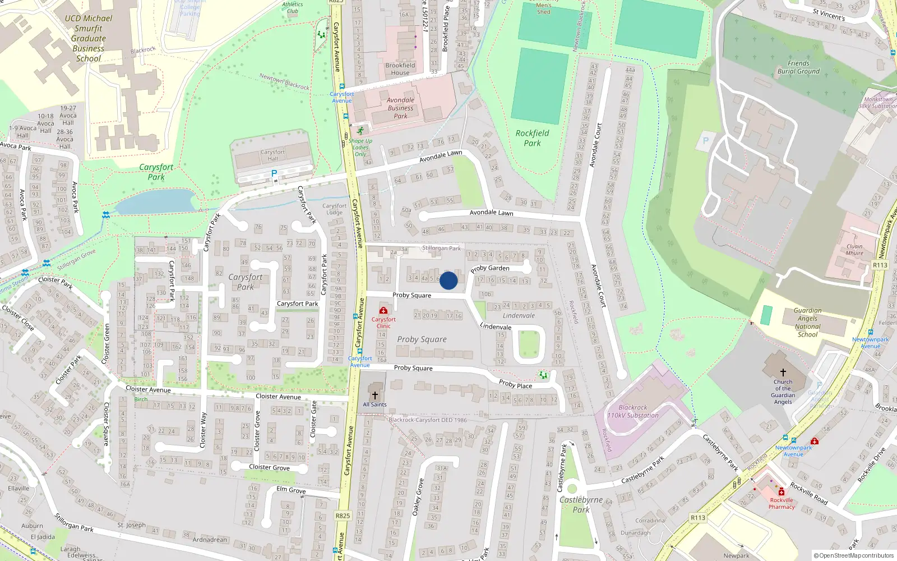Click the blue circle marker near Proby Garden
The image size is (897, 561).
449,280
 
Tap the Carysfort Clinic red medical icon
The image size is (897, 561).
383,310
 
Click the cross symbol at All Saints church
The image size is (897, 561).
375,395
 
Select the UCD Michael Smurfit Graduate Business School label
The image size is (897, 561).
89,38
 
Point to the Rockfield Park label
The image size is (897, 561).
532,138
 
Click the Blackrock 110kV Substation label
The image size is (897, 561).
633,412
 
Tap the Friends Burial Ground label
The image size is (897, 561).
798,67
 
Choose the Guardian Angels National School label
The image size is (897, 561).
807,322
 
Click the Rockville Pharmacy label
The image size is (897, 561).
782,503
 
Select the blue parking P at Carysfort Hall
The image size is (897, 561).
274,174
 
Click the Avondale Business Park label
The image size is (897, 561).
400,108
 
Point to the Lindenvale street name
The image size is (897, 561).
496,327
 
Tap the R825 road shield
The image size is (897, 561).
343,516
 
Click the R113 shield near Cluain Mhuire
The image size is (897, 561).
880,265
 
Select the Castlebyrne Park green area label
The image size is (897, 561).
581,504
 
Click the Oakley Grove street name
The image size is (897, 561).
418,497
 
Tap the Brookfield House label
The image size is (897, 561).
400,69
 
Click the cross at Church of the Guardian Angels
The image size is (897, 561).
783,372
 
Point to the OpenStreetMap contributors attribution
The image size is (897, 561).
853,556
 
